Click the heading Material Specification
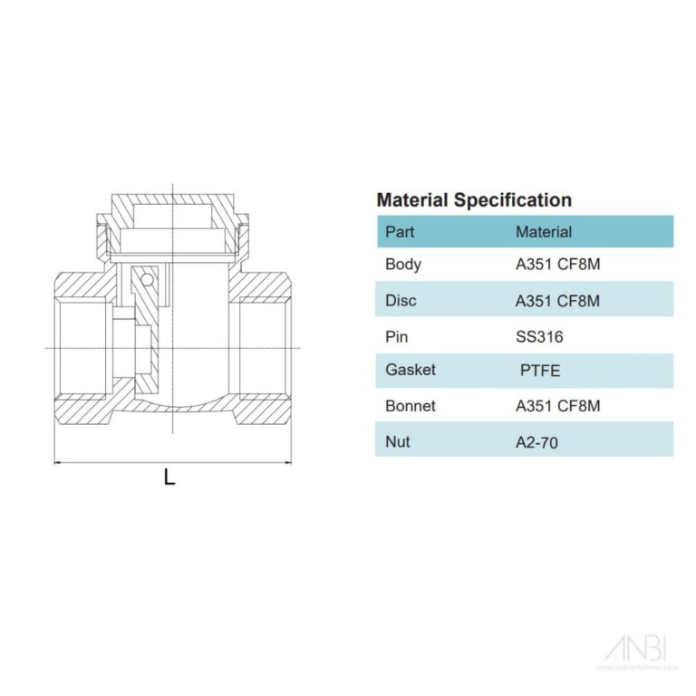[473, 200]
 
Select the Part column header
[400, 232]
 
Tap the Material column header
[543, 232]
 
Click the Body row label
[403, 266]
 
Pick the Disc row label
[401, 301]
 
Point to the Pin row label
[397, 336]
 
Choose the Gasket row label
[410, 370]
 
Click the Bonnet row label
[410, 406]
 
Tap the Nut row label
[397, 441]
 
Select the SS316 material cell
[539, 336]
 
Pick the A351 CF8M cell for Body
[557, 266]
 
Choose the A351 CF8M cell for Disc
[557, 301]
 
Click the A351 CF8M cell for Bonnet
[557, 406]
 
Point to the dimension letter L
[169, 478]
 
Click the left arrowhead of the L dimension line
[59, 462]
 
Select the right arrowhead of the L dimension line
[287, 462]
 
